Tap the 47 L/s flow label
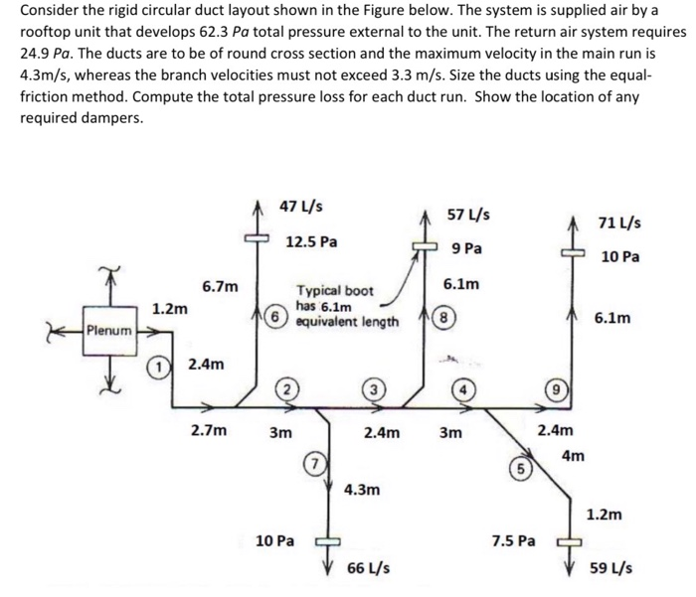tap(300, 207)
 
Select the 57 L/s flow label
tap(467, 215)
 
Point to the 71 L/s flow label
tap(619, 223)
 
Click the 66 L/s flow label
tap(368, 568)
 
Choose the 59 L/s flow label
tap(609, 568)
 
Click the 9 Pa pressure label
tap(466, 247)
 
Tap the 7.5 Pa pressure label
tap(514, 540)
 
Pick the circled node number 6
tap(273, 315)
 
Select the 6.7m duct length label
tap(220, 287)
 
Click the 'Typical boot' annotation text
tap(334, 291)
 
